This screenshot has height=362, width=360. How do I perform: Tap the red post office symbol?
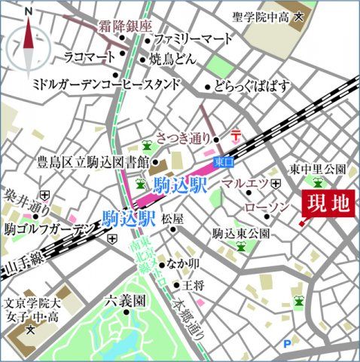coord(236,135)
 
